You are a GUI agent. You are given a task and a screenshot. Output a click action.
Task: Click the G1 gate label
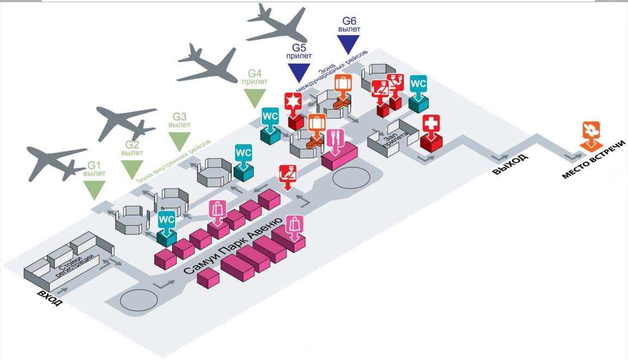[x=95, y=165]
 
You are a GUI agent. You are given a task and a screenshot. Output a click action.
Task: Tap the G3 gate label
[x=180, y=116]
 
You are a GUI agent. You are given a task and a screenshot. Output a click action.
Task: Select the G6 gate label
[x=349, y=22]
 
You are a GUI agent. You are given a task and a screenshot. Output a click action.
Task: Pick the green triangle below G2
[x=132, y=169]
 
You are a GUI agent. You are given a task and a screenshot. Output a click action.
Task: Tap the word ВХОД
[x=50, y=297]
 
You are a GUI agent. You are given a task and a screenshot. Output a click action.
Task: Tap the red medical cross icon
[x=430, y=125]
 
